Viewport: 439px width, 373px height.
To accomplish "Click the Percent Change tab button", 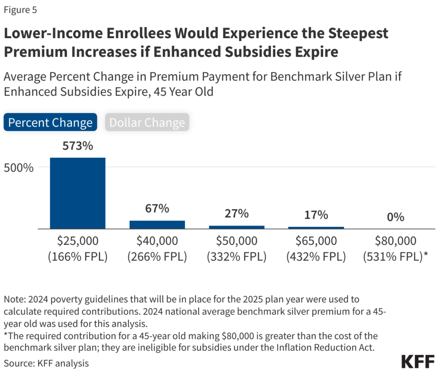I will point(50,123).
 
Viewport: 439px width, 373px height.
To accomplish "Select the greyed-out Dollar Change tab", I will point(147,123).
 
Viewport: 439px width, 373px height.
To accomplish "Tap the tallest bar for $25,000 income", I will point(78,193).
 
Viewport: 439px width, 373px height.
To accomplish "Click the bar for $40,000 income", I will point(157,225).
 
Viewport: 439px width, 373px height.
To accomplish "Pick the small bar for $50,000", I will point(237,227).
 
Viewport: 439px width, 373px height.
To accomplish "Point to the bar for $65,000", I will point(316,228).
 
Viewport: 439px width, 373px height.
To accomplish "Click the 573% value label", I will point(78,146).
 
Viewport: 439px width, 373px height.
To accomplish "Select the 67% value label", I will point(157,209).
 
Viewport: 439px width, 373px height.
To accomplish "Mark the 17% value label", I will point(316,215).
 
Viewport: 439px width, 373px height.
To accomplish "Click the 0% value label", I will point(395,217).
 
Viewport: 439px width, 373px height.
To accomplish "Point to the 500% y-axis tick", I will point(19,167).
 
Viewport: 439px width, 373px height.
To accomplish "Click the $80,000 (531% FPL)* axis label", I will point(395,249).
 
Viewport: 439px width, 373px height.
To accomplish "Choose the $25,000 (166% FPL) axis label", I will point(78,249).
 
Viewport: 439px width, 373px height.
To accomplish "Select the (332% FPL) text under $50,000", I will point(237,257).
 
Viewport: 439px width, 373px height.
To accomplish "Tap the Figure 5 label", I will point(21,10).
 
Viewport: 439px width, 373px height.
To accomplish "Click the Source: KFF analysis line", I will point(46,363).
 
